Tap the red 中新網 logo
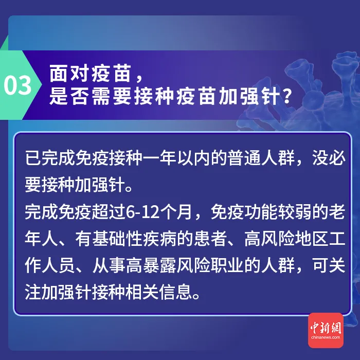(326, 326)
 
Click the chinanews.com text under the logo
(326, 337)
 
